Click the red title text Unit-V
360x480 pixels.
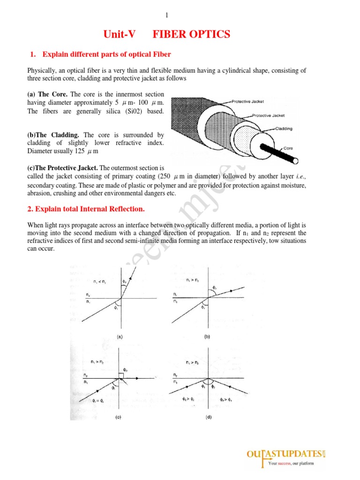pos(120,34)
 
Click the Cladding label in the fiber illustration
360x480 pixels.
pos(284,128)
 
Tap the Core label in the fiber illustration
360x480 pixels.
pos(288,148)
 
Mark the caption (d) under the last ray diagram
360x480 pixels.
pos(208,417)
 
